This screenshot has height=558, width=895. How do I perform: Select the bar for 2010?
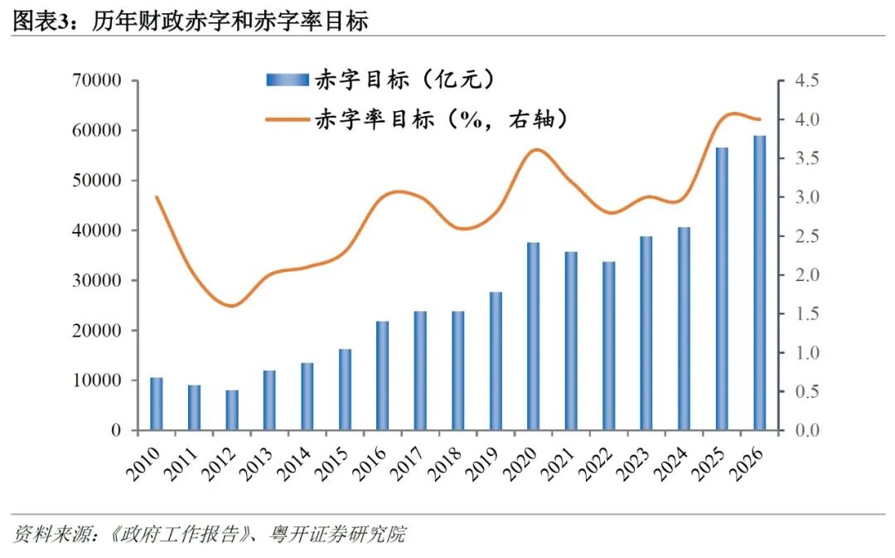point(157,404)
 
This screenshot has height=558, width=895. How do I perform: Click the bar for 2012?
point(232,410)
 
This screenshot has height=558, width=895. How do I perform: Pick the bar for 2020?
point(534,336)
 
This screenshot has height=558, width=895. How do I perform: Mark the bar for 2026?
point(760,283)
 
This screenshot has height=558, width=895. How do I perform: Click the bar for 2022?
point(609,346)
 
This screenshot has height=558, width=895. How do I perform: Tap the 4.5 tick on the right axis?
point(805,81)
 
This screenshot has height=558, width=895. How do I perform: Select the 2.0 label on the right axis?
point(805,275)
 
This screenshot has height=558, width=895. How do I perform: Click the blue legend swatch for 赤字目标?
point(287,80)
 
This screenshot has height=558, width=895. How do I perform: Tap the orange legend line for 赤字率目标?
point(287,119)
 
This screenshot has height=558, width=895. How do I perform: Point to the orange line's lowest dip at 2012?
point(233,306)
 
